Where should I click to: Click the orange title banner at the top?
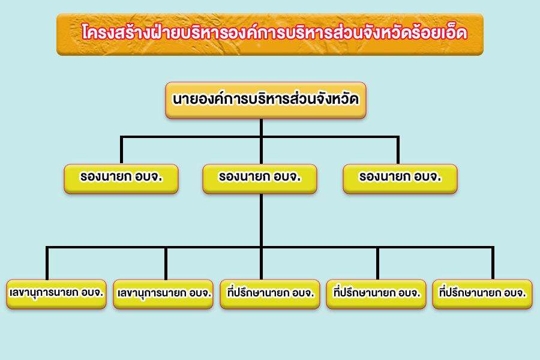tap(270, 34)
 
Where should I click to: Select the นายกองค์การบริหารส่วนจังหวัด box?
tap(266, 100)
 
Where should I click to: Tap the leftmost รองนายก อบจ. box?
tap(121, 179)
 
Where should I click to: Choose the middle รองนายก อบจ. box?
tap(260, 179)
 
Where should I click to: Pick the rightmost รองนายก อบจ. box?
tap(400, 179)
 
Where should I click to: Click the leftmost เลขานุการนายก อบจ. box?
tap(56, 294)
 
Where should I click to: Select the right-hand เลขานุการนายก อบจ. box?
tap(163, 294)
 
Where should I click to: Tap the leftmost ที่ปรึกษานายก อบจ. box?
tap(270, 294)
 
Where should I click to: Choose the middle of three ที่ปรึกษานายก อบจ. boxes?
tap(376, 294)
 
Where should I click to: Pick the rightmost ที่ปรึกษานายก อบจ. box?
tap(482, 294)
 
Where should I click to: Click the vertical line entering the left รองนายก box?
tap(122, 150)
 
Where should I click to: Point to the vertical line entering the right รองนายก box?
tap(398, 150)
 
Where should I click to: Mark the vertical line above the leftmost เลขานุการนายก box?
tap(47, 263)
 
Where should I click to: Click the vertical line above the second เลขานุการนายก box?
tap(166, 263)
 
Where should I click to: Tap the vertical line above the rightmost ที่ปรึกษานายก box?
tap(493, 263)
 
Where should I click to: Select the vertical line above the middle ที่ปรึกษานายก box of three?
tap(378, 263)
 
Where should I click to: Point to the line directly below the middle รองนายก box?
tap(262, 236)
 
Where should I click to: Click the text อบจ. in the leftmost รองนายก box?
tap(148, 177)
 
